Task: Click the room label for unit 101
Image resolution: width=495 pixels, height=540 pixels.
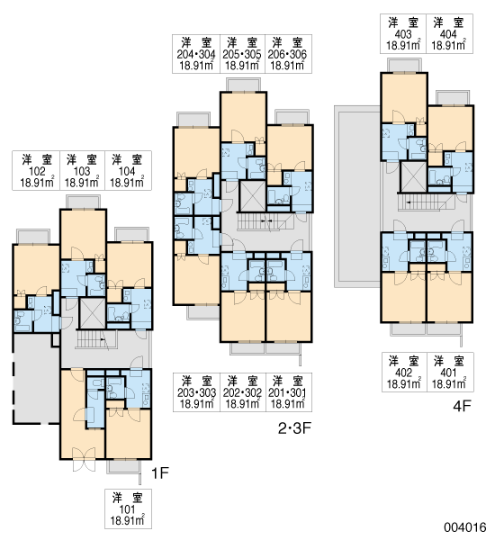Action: coord(128,508)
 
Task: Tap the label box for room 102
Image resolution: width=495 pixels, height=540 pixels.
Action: coord(36,170)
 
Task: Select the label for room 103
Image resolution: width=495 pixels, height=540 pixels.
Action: coord(82,170)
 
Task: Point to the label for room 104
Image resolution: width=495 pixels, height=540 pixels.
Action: coord(128,170)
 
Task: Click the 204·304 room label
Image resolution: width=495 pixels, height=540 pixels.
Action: coord(196,54)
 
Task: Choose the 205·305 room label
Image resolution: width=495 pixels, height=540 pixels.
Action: coord(242,54)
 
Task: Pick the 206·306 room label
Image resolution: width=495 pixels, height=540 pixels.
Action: coord(288,54)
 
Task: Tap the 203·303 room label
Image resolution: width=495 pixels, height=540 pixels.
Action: coord(197,392)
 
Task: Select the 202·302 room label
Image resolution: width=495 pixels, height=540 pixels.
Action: coord(243,392)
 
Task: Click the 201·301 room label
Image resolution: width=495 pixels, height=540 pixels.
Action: coord(289,392)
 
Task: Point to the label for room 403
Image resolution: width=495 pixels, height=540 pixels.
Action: coord(403,34)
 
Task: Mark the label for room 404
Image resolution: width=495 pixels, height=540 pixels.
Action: coord(449,34)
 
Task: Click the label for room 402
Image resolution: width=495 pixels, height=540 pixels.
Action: coord(404,372)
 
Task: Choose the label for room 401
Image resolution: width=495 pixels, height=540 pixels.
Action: coord(450,372)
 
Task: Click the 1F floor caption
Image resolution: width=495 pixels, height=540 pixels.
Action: coord(160,473)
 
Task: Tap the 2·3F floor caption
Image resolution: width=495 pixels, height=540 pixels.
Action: coord(294,428)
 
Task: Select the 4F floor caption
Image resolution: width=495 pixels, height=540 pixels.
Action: coord(462,406)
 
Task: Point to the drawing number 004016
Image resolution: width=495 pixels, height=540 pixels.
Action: coord(465,527)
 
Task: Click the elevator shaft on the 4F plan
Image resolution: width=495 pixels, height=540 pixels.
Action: coord(413,176)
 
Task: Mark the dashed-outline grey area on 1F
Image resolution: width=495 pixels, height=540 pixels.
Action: coord(37,378)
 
